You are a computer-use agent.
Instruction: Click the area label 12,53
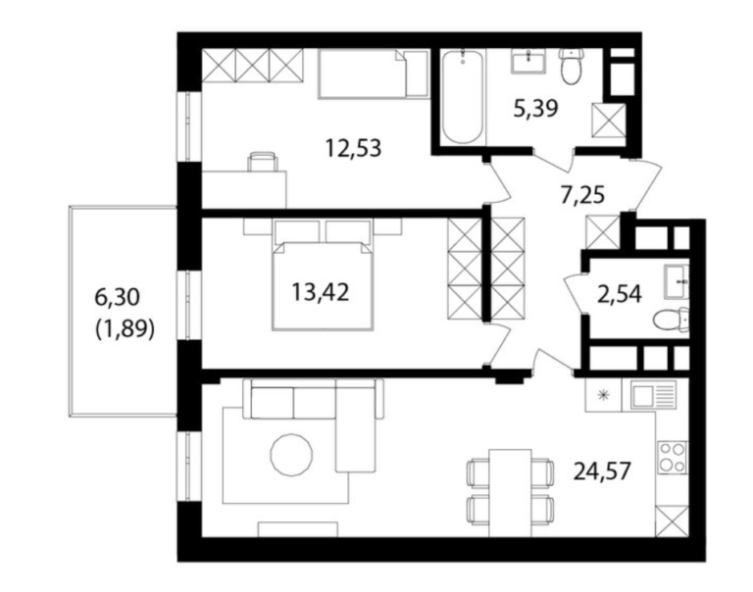353,148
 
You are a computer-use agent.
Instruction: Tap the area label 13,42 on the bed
321,292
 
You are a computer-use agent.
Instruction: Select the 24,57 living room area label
602,471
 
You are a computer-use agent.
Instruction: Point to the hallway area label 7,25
582,195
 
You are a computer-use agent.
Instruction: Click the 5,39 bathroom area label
536,109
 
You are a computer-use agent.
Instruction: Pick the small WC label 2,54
620,294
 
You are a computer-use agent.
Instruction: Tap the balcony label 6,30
118,298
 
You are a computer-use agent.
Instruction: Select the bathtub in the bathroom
462,96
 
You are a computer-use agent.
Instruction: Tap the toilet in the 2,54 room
672,320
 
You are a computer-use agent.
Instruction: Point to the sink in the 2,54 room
678,281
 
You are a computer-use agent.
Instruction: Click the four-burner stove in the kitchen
672,458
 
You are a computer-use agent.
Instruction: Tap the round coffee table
291,454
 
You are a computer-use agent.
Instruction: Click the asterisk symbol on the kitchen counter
603,395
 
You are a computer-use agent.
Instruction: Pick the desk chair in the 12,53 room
262,162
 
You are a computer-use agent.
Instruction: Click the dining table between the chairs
510,493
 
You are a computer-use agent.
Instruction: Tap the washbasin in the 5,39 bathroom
527,61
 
